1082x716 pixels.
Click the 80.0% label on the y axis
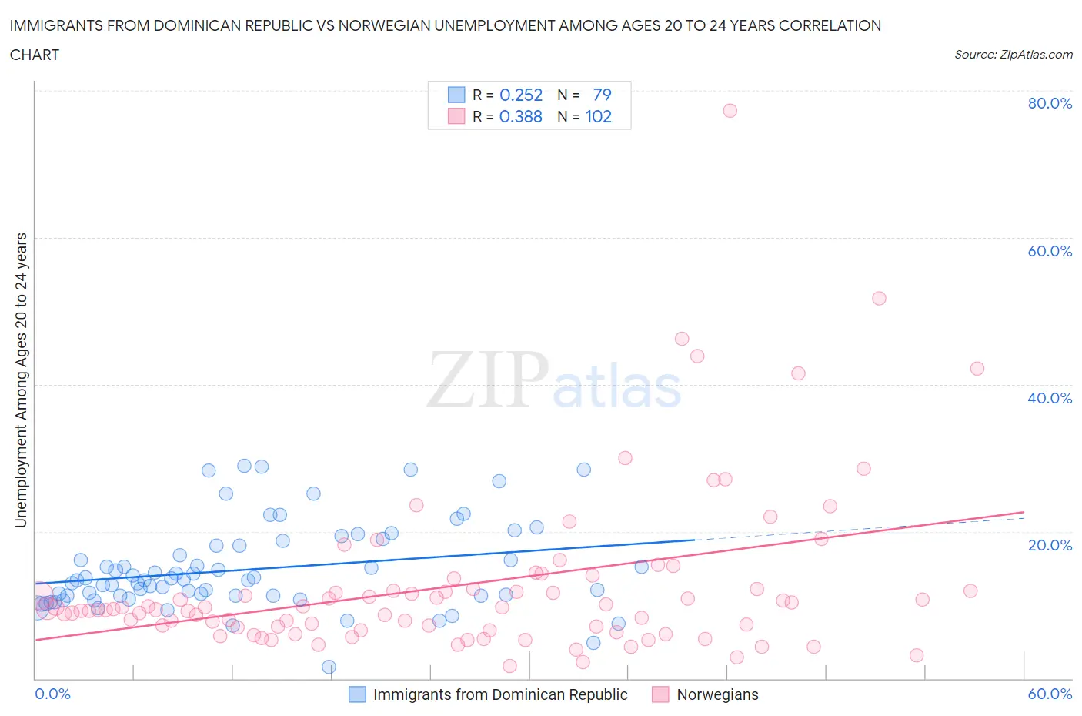click(1050, 103)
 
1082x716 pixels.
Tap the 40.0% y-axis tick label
click(1050, 398)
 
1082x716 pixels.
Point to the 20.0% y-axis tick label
click(1050, 545)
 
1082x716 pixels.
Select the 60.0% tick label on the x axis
click(1050, 694)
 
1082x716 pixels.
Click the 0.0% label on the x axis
click(53, 694)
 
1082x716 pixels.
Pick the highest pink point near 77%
click(730, 111)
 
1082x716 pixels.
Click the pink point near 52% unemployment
click(879, 298)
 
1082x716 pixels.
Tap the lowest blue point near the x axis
click(329, 667)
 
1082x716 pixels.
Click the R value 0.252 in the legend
click(521, 95)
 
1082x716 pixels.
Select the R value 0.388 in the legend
click(521, 116)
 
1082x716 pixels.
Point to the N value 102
click(598, 116)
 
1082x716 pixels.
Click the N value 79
click(602, 95)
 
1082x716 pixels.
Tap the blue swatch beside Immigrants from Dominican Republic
click(357, 694)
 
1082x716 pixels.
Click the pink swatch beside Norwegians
click(660, 694)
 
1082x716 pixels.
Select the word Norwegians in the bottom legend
click(717, 694)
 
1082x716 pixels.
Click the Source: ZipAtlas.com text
click(1013, 54)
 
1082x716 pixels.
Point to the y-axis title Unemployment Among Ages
click(21, 380)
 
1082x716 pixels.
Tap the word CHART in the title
click(35, 55)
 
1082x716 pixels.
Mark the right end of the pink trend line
click(1024, 512)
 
